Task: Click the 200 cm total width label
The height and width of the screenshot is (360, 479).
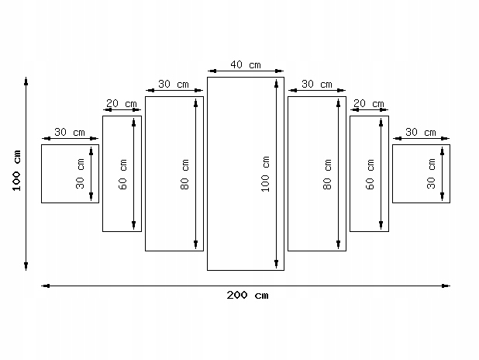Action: (248, 295)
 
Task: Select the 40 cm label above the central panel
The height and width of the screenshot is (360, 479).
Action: (245, 64)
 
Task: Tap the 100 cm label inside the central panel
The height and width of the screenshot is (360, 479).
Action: (266, 174)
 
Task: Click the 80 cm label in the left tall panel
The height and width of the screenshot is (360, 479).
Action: (184, 175)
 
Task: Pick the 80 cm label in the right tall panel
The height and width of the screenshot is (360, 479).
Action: (327, 175)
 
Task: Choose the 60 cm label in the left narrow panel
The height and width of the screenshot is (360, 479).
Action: (122, 174)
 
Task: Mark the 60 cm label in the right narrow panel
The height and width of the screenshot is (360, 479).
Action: (370, 174)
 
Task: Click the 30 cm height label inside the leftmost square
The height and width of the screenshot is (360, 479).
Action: (80, 174)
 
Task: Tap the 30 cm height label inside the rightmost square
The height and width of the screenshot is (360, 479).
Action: (432, 174)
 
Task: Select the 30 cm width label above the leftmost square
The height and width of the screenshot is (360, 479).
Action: (70, 132)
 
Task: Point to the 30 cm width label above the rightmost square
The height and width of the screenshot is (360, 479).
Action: (421, 132)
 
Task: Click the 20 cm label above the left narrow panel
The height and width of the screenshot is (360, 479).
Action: (122, 103)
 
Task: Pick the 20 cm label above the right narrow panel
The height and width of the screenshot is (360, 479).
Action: (369, 103)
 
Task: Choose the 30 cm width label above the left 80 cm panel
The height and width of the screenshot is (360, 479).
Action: (174, 84)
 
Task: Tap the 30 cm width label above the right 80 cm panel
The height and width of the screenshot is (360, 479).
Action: (317, 84)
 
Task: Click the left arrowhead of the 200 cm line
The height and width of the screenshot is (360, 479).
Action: (44, 286)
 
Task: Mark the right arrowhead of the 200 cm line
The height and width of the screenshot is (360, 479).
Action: (447, 286)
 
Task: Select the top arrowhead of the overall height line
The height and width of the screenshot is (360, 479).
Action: (26, 80)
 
